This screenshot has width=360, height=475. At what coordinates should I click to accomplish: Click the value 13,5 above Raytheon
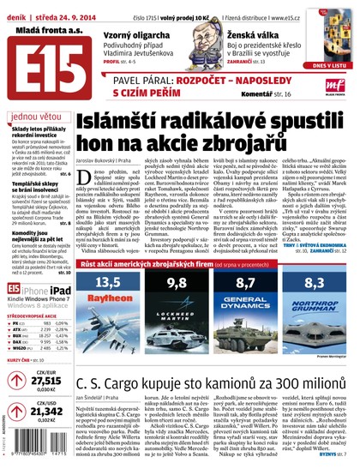point(108,282)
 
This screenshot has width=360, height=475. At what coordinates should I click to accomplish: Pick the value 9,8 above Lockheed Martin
point(177,282)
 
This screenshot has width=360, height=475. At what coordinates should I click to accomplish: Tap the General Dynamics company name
point(246,303)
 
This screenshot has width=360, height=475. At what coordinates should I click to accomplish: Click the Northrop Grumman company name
point(314,304)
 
